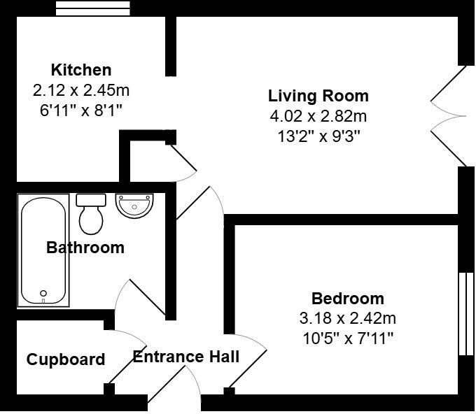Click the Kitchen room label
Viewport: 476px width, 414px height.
click(x=81, y=70)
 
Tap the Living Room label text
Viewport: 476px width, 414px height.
click(x=318, y=96)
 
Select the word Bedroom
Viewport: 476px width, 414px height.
click(x=348, y=299)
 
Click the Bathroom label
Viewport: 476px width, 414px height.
click(x=85, y=248)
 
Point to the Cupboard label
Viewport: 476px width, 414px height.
click(x=66, y=359)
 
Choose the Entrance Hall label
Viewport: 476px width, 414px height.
click(x=186, y=357)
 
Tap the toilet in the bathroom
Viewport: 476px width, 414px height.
click(x=91, y=214)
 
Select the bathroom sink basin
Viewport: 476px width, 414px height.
click(x=134, y=205)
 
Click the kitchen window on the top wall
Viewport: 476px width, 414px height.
click(x=93, y=8)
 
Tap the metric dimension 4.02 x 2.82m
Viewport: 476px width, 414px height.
click(x=318, y=116)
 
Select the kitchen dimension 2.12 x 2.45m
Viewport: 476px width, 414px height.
click(x=81, y=90)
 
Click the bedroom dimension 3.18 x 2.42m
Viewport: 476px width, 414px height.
click(x=348, y=319)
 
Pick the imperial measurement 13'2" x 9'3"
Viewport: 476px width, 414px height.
click(x=318, y=136)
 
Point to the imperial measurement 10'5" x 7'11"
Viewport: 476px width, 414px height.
click(x=348, y=338)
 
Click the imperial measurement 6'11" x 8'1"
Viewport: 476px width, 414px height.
click(x=81, y=110)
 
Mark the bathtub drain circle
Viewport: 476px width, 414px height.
click(x=43, y=294)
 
